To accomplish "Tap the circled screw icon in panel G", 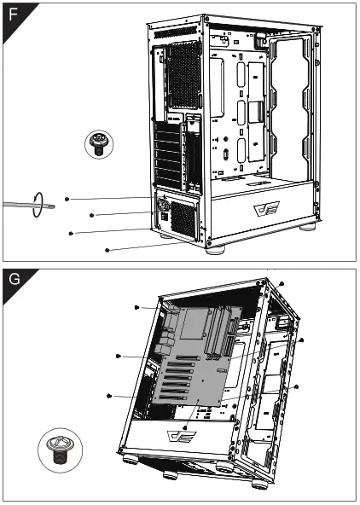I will pyautogui.click(x=59, y=447).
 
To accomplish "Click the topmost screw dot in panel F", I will pyautogui.click(x=66, y=198).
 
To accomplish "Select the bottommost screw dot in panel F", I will pyautogui.click(x=106, y=250).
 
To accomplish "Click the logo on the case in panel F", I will pyautogui.click(x=264, y=208).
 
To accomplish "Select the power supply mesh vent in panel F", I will pyautogui.click(x=183, y=220).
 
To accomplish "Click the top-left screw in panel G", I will pyautogui.click(x=136, y=306).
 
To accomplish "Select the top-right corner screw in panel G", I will pyautogui.click(x=282, y=282).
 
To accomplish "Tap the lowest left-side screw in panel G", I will pyautogui.click(x=109, y=395).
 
